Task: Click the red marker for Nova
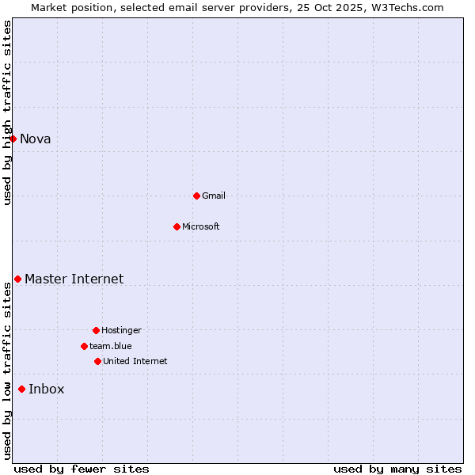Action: click(13, 139)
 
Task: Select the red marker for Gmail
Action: click(196, 196)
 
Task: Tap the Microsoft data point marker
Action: click(177, 226)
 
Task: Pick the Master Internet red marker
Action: click(17, 279)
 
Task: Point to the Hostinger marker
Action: click(96, 330)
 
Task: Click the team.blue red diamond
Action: click(84, 346)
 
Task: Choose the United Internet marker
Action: click(97, 361)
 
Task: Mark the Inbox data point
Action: click(21, 389)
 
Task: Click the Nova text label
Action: click(36, 139)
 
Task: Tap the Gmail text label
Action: click(214, 196)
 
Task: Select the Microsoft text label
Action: click(201, 227)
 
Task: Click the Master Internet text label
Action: click(74, 279)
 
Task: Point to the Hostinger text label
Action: click(121, 331)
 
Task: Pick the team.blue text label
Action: click(111, 347)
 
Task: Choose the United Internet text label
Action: click(135, 362)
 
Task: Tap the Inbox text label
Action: click(47, 389)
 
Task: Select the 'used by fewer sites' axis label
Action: click(82, 469)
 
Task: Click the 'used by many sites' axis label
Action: click(397, 469)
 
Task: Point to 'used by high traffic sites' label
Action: click(7, 112)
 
